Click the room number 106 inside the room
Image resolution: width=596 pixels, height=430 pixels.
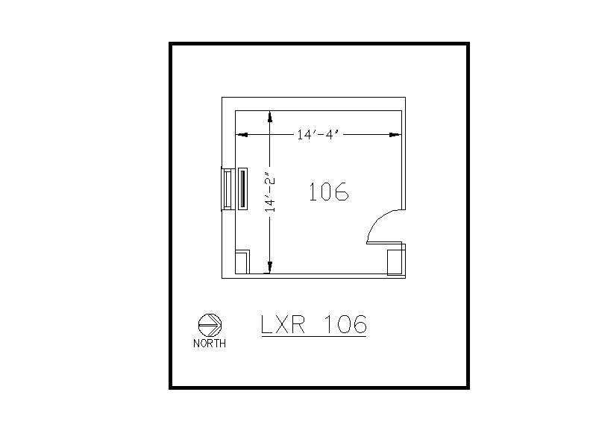tap(329, 192)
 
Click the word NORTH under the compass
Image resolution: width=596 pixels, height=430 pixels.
tap(210, 344)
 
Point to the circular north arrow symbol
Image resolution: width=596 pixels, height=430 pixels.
tap(210, 324)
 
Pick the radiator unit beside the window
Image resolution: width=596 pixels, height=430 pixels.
tap(242, 189)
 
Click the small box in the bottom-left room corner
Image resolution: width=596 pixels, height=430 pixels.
tap(242, 262)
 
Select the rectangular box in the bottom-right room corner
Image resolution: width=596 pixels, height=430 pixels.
tap(395, 262)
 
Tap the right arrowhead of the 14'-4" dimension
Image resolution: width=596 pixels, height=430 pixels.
tap(397, 135)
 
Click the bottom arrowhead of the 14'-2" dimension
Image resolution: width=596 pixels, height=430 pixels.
tap(270, 268)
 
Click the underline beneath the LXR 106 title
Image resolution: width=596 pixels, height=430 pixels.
tap(313, 336)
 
